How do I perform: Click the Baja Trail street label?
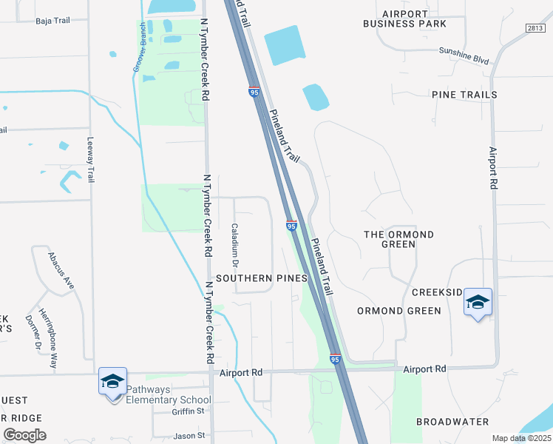(52, 21)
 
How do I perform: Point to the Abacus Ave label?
(61, 270)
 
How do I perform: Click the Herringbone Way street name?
(48, 338)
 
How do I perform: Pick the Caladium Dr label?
(235, 245)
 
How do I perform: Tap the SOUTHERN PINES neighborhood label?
(257, 278)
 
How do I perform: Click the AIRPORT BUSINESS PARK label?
(404, 18)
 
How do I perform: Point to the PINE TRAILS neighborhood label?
(464, 95)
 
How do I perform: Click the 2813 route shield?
(535, 27)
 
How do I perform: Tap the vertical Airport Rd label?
(493, 166)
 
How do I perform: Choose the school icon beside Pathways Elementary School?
(112, 382)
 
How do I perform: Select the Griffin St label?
(188, 411)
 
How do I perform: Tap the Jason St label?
(189, 436)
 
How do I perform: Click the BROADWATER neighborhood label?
(452, 422)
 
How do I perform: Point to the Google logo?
(25, 434)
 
